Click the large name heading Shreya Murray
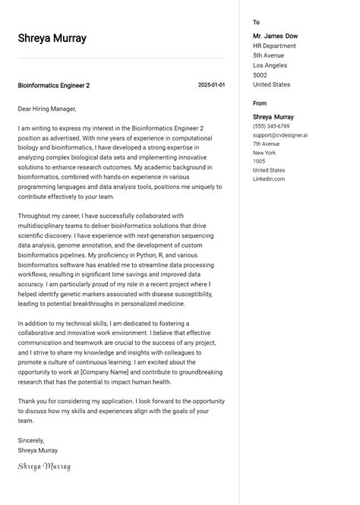[x=52, y=39]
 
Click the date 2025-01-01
[x=211, y=85]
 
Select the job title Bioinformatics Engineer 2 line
[x=54, y=86]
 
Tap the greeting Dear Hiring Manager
[x=47, y=109]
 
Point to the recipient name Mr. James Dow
[x=275, y=36]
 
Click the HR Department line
[x=274, y=46]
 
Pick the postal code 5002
[x=260, y=75]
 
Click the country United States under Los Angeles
[x=271, y=85]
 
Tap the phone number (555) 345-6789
[x=271, y=126]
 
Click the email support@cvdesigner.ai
[x=279, y=135]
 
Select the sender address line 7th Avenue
[x=267, y=144]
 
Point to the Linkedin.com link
[x=269, y=179]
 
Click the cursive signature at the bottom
[x=44, y=466]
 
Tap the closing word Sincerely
[x=31, y=440]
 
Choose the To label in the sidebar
[x=256, y=23]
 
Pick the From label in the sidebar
[x=260, y=103]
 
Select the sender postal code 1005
[x=259, y=161]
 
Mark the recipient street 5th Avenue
[x=268, y=55]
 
